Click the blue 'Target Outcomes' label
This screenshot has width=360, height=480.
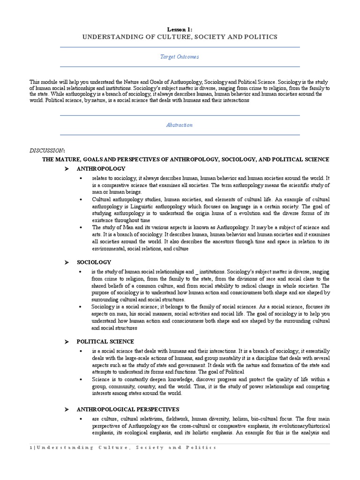pos(180,57)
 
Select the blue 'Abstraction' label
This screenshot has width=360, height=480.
pos(180,125)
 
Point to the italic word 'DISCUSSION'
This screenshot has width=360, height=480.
pos(46,150)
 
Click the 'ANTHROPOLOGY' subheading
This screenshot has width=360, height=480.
pos(101,168)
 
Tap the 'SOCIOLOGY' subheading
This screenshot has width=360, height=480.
pos(94,262)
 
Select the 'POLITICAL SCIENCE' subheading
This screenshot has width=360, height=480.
pos(105,342)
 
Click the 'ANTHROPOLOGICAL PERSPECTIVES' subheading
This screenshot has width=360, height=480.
pos(121,409)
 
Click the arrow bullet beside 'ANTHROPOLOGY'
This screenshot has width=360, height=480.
pos(67,168)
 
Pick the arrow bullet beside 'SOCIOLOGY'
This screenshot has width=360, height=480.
pos(67,262)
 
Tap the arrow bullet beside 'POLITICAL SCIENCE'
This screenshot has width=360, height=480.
pos(67,342)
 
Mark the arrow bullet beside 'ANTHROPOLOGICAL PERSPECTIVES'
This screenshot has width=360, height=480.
pos(67,409)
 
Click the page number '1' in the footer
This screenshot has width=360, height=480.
pos(30,448)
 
